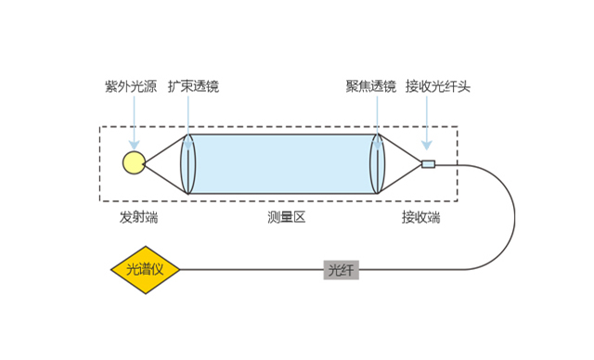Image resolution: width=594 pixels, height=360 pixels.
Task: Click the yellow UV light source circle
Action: pyautogui.click(x=134, y=163)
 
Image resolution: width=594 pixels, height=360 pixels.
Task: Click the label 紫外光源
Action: pyautogui.click(x=133, y=87)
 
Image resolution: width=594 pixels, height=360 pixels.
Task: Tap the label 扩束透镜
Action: pyautogui.click(x=193, y=87)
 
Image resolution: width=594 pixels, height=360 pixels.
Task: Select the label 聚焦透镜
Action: pyautogui.click(x=370, y=87)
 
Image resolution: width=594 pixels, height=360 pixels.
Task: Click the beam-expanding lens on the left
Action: pyautogui.click(x=188, y=164)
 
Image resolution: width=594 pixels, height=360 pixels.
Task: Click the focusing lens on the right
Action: pyautogui.click(x=377, y=164)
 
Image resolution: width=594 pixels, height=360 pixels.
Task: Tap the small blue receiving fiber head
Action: pyautogui.click(x=428, y=164)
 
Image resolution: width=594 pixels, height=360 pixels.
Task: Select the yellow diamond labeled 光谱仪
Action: pyautogui.click(x=145, y=270)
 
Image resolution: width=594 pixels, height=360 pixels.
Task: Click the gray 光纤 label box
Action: pyautogui.click(x=341, y=270)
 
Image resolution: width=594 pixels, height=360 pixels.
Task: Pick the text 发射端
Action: pyautogui.click(x=138, y=218)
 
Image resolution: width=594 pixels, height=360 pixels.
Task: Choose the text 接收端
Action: pyautogui.click(x=420, y=218)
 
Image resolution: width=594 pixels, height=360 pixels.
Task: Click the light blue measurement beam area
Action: pyautogui.click(x=283, y=164)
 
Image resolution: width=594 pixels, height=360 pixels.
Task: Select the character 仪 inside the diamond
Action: pyautogui.click(x=159, y=270)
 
